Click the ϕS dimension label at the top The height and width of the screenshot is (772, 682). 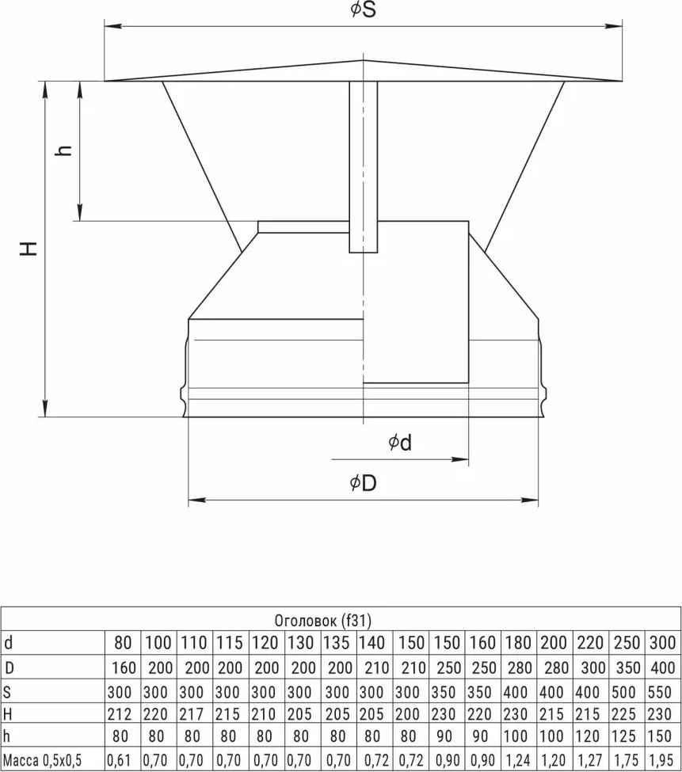pos(364,10)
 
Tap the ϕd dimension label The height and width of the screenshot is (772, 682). pos(400,443)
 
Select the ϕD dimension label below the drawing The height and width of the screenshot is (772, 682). pos(363,484)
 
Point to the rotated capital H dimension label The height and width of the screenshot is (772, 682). pos(29,249)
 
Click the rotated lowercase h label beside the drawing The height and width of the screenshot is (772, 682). pos(64,150)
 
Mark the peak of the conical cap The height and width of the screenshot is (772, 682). pos(364,60)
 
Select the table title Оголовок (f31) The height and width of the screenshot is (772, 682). pos(322,620)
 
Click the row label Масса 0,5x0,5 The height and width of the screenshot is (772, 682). pos(42,759)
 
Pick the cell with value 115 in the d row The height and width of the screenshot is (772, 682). pos(230,642)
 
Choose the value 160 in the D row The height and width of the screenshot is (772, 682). pos(124,667)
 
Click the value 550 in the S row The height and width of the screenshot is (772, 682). pos(661,692)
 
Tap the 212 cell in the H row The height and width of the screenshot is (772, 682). pos(120,714)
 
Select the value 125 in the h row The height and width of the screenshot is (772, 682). pos(624,736)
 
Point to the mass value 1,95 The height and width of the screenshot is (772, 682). pos(661,759)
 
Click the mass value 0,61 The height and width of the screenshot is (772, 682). pos(120,759)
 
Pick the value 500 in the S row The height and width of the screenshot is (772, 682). pos(624,692)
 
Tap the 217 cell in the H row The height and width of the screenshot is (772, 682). pos(192,714)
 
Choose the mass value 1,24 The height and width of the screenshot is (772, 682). pos(516,759)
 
